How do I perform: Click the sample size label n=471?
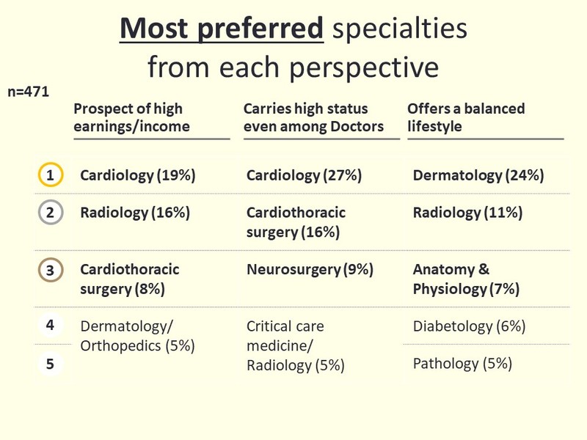point(29,92)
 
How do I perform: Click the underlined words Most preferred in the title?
point(222,28)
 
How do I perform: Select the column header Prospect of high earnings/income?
point(131,117)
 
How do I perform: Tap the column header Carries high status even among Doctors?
point(313,117)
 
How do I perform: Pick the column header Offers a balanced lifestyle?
point(466,117)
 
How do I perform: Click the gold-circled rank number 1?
point(50,175)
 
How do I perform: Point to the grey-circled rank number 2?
point(50,212)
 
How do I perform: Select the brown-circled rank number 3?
point(50,270)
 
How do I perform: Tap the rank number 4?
point(50,325)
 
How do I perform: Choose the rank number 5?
point(50,364)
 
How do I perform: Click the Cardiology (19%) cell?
point(138,175)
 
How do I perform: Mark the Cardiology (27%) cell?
point(304,175)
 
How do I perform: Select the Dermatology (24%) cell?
point(478,175)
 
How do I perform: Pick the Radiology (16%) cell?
point(135,213)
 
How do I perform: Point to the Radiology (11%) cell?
point(467,213)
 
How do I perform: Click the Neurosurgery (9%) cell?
point(310,269)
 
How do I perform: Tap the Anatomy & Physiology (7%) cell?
point(466,279)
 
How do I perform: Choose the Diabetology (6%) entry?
point(469,326)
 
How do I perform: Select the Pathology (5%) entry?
point(462,364)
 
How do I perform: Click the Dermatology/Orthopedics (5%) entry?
point(137,336)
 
